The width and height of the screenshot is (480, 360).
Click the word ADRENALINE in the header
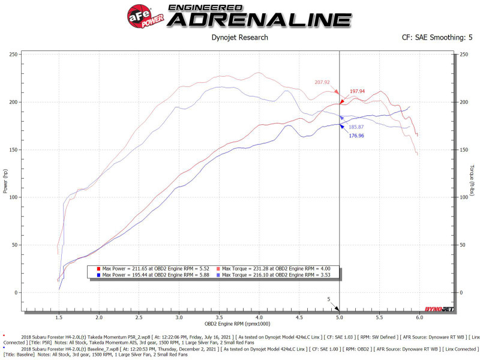(259, 19)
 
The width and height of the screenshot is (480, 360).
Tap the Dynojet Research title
(240, 37)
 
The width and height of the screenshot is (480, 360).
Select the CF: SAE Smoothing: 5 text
(437, 37)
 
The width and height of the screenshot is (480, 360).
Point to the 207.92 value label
(322, 82)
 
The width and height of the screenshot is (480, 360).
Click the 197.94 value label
(358, 91)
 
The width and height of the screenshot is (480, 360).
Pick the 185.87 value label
(357, 127)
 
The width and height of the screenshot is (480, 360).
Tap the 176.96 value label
(357, 136)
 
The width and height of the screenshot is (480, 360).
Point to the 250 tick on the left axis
(13, 55)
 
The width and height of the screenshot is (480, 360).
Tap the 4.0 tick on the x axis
(259, 317)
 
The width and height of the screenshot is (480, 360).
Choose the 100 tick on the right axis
(464, 197)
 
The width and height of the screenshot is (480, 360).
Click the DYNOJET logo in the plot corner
(439, 310)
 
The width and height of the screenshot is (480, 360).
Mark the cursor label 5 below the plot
(329, 299)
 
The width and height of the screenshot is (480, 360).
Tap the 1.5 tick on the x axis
(58, 317)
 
